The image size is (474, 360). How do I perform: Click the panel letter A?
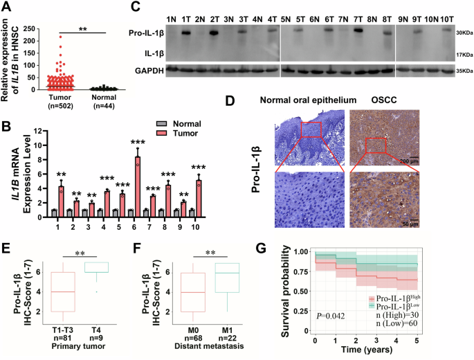[x=7, y=8]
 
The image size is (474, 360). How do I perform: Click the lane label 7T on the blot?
[x=357, y=15]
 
